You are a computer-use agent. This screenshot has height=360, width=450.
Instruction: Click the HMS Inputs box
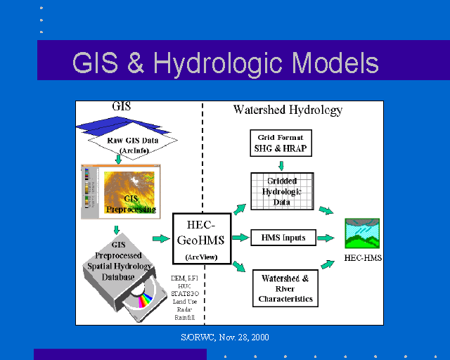pyautogui.click(x=283, y=238)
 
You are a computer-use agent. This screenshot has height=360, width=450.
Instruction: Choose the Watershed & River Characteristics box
pyautogui.click(x=285, y=288)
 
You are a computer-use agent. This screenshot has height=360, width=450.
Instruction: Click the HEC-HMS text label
pyautogui.click(x=362, y=258)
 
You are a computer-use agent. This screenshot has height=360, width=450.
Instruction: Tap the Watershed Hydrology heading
pyautogui.click(x=288, y=110)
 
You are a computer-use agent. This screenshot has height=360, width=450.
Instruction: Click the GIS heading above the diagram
pyautogui.click(x=122, y=108)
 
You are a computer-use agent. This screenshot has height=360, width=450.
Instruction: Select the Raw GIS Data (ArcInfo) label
pyautogui.click(x=133, y=143)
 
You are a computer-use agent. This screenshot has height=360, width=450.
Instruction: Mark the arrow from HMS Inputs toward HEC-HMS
pyautogui.click(x=325, y=238)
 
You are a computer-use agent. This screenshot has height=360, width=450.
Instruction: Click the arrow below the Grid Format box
pyautogui.click(x=281, y=166)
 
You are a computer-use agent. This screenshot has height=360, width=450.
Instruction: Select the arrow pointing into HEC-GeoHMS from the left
pyautogui.click(x=161, y=238)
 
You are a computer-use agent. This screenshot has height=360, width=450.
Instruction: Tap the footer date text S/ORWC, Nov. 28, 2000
pyautogui.click(x=225, y=337)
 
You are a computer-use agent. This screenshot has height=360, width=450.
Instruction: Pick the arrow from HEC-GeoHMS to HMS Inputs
pyautogui.click(x=240, y=238)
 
